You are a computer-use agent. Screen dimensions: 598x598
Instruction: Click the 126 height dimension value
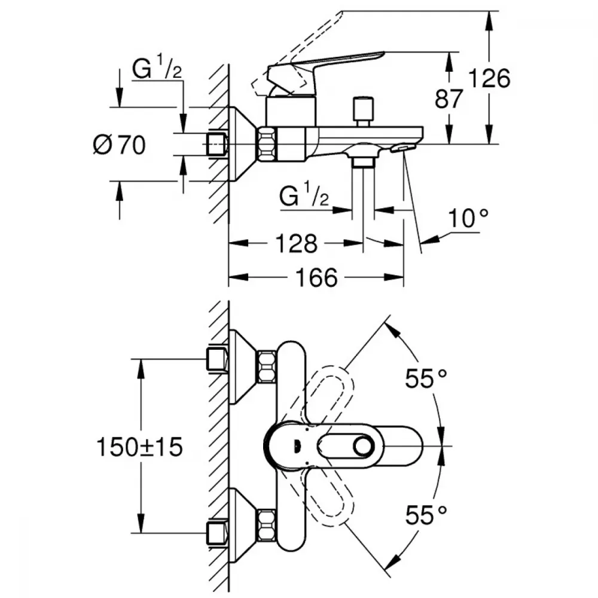pos(489,78)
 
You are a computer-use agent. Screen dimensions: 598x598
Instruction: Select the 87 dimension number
pos(449,99)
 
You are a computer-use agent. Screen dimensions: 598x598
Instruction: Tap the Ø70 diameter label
pos(119,145)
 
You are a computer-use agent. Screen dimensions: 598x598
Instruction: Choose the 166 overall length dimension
pos(316,277)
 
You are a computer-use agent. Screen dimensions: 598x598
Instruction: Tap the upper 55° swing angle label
pos(426,379)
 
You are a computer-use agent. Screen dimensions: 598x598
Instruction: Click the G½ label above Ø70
pos(157,71)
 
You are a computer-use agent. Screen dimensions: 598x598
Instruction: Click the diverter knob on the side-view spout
pos(362,109)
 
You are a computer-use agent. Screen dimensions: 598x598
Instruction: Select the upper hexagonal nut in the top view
pos(266,367)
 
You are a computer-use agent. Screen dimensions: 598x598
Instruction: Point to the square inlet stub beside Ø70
pos(217,144)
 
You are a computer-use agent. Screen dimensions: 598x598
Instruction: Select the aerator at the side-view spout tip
pos(403,147)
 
